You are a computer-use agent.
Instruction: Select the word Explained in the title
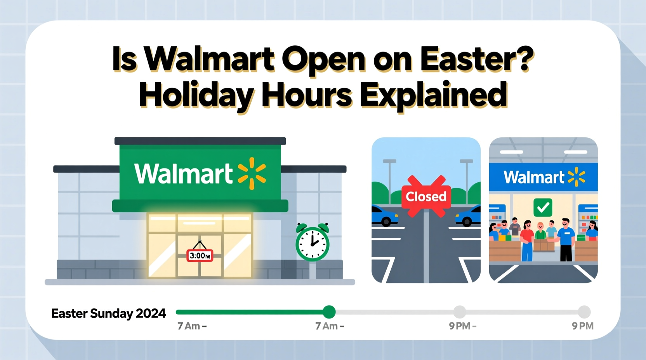434,95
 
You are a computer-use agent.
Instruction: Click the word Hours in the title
307,95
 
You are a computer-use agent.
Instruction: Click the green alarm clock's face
313,244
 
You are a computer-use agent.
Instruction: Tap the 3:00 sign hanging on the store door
200,256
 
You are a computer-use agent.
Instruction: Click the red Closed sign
426,197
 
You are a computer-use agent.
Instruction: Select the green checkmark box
543,208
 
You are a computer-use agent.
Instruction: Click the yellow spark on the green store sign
252,173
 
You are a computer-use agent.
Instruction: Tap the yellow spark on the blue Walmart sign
577,177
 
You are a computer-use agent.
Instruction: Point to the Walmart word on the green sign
183,173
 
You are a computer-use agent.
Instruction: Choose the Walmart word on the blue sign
534,177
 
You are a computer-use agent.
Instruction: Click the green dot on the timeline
329,312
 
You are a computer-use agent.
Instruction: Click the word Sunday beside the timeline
111,313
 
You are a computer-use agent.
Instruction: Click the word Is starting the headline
124,60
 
